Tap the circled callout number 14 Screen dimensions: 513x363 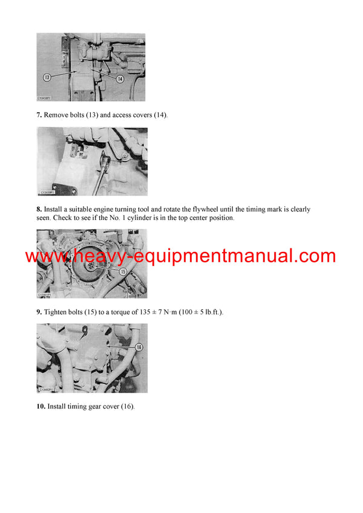coord(120,79)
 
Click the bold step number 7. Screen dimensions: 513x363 coord(39,115)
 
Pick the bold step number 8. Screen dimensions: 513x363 coord(39,210)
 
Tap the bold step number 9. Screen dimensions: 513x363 coord(39,312)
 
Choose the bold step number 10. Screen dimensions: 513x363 coord(41,407)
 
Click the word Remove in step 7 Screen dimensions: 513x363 coord(57,115)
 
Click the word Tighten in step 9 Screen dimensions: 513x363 coord(59,312)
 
